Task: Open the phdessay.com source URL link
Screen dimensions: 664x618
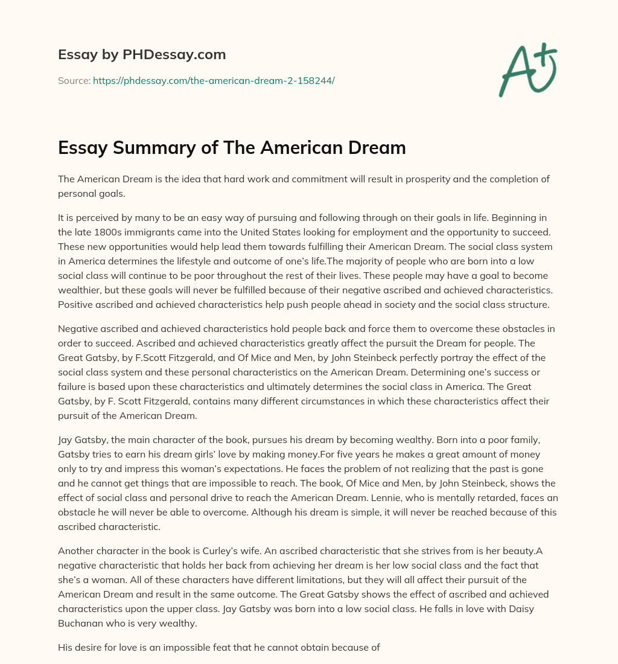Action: point(214,80)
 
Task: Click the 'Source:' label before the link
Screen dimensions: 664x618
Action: point(74,80)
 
